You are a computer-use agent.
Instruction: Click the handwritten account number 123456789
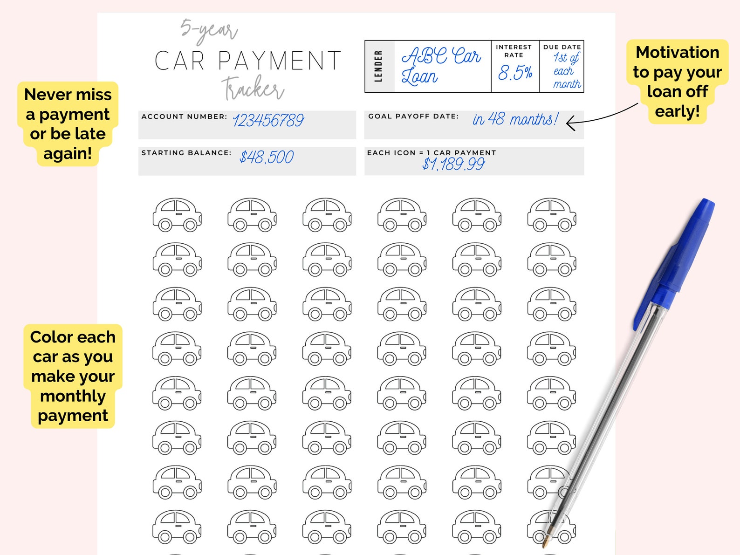click(x=268, y=121)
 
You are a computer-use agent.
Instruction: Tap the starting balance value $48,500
click(x=267, y=158)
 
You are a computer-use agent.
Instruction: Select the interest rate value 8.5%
click(x=515, y=73)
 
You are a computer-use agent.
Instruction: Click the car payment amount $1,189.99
click(x=453, y=164)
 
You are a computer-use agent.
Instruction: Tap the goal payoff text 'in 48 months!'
click(x=515, y=119)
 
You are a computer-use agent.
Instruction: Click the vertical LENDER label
click(x=378, y=66)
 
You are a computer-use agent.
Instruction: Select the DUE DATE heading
click(x=562, y=47)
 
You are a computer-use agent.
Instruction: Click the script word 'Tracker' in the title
click(x=253, y=89)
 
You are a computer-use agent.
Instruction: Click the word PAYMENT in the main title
click(x=280, y=62)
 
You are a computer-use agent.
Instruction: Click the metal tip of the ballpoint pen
click(x=545, y=541)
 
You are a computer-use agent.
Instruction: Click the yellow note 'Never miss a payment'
click(x=68, y=123)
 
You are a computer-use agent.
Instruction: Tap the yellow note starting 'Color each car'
click(x=73, y=376)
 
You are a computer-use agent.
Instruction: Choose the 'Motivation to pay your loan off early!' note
click(x=677, y=82)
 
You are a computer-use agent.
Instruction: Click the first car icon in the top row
click(x=177, y=215)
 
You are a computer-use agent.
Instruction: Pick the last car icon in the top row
click(x=552, y=215)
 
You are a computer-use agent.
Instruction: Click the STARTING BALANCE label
click(x=186, y=153)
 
